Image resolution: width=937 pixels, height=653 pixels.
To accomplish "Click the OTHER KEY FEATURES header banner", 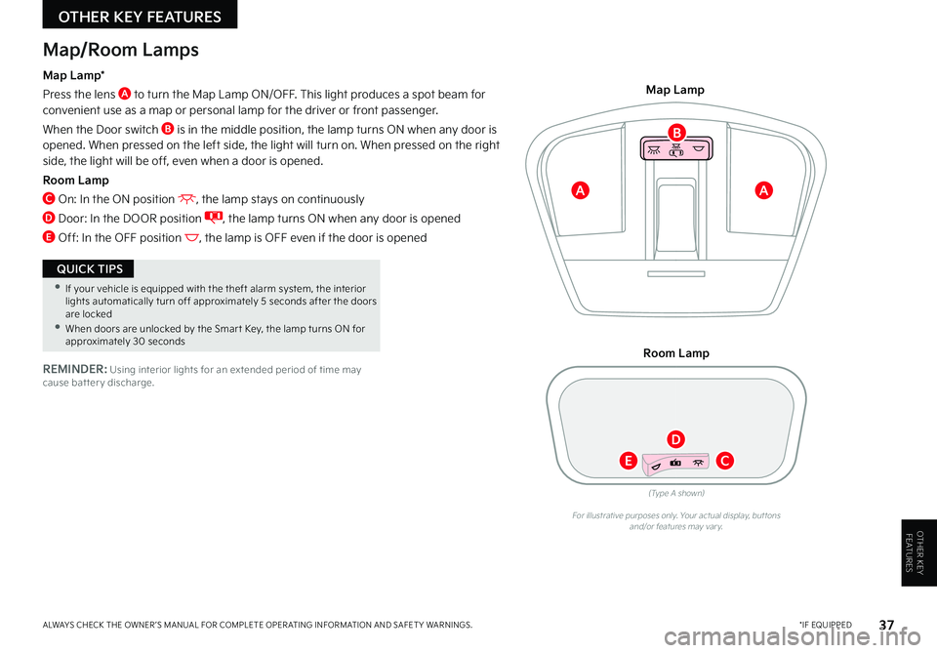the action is coord(140,15).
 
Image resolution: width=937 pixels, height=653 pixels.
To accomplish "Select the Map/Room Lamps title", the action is coord(121,50).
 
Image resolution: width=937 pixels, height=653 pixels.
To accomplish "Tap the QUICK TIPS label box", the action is coord(88,268).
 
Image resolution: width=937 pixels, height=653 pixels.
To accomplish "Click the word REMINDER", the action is coord(75,369).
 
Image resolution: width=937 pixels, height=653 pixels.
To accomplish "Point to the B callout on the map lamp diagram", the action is coord(676,132).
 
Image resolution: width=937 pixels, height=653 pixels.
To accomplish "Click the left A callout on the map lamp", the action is coord(580,190).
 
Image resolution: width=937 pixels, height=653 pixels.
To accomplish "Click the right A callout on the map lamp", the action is coord(763,190).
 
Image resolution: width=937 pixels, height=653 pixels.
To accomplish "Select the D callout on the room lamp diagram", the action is coord(675,439).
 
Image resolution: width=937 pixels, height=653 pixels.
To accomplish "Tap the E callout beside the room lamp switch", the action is coord(628,461).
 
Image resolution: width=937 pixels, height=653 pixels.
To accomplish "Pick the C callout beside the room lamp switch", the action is coord(725,461).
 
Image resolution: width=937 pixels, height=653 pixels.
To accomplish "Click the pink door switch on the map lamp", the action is coord(676,148).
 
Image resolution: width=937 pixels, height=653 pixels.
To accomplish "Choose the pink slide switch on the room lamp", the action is coord(675,463).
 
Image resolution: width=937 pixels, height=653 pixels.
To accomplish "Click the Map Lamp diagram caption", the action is coord(675,90).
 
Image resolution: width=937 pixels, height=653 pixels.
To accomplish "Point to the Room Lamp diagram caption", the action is coord(675,353).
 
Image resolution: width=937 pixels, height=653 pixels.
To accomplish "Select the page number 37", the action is coord(887,625).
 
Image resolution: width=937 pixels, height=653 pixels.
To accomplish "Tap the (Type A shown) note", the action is coord(676,493).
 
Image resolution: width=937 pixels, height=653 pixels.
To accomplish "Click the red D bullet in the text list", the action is coord(49,218).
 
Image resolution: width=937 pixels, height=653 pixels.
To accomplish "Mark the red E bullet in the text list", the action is coord(49,237).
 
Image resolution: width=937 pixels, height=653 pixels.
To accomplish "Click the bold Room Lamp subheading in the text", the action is coord(76,180).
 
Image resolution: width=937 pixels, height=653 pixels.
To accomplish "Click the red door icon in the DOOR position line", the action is coord(214,218).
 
